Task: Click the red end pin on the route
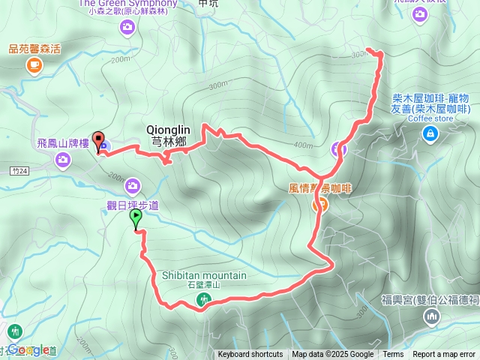pyautogui.click(x=99, y=143)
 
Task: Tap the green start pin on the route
pyautogui.click(x=136, y=218)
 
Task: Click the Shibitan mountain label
pyautogui.click(x=204, y=275)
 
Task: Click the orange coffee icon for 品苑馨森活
pyautogui.click(x=34, y=66)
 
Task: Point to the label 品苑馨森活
pyautogui.click(x=34, y=49)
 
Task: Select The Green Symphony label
pyautogui.click(x=127, y=4)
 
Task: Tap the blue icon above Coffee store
pyautogui.click(x=430, y=134)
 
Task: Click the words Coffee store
pyautogui.click(x=430, y=118)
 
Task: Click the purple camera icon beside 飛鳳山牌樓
pyautogui.click(x=63, y=158)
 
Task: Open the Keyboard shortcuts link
pyautogui.click(x=250, y=355)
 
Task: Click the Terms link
pyautogui.click(x=393, y=355)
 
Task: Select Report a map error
pyautogui.click(x=445, y=355)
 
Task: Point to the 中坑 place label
pyautogui.click(x=207, y=3)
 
